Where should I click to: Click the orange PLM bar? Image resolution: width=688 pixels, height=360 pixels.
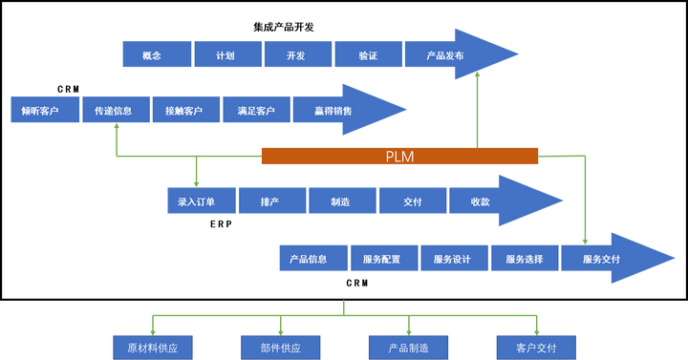click(399, 156)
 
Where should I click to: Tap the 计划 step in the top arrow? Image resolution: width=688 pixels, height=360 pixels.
click(226, 55)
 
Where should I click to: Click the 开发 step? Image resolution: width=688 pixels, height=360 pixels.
click(296, 55)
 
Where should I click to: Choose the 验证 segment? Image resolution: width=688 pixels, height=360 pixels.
click(367, 55)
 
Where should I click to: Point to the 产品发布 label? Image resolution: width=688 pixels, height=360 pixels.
click(446, 55)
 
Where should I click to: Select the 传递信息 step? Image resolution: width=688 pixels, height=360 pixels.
click(114, 111)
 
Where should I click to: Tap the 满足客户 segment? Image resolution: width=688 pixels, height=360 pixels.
click(255, 111)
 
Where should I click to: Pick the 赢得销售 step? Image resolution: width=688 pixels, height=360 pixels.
click(333, 111)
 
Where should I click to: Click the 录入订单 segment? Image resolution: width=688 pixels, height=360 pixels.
click(198, 201)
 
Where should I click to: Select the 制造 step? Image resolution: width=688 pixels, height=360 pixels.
click(341, 201)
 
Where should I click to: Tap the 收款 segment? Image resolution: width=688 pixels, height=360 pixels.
click(481, 201)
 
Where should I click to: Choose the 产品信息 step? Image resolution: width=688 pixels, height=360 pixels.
click(310, 259)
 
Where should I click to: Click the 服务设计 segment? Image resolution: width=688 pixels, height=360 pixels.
click(453, 259)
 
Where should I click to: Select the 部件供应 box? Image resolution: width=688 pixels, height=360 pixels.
click(280, 347)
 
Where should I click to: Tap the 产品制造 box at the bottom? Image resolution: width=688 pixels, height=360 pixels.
click(409, 347)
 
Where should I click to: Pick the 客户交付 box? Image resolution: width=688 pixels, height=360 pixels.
click(536, 347)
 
